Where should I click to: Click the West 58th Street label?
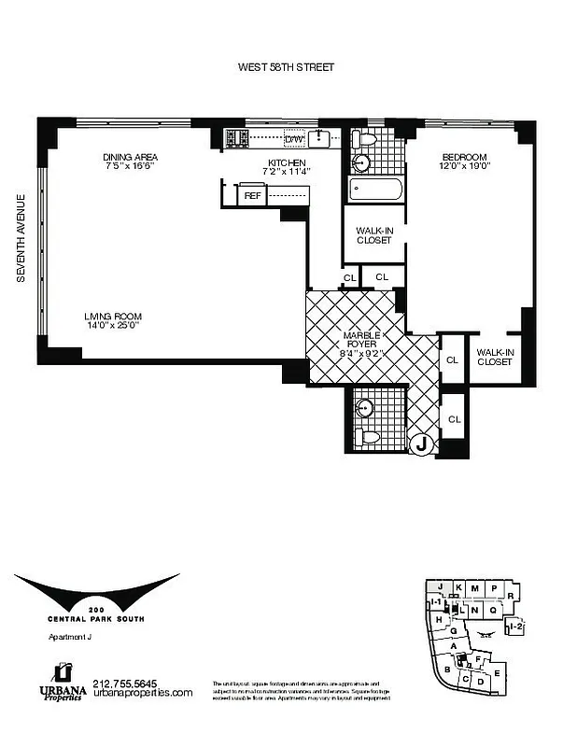coord(287,67)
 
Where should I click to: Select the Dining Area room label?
coord(130,156)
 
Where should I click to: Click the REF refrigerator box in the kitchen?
coord(252,195)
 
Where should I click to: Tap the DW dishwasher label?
coord(295,139)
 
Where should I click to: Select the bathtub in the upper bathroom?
coord(375,190)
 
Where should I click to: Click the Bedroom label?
coord(464,156)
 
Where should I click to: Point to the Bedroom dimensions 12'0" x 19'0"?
coord(464,166)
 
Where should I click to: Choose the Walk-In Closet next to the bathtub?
coord(373,233)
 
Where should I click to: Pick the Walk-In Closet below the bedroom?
coord(494,357)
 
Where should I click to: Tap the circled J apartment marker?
coord(422,445)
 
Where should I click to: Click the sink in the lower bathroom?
coord(365,408)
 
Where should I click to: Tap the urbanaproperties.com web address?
coord(143,693)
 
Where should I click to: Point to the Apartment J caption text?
coord(69,639)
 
